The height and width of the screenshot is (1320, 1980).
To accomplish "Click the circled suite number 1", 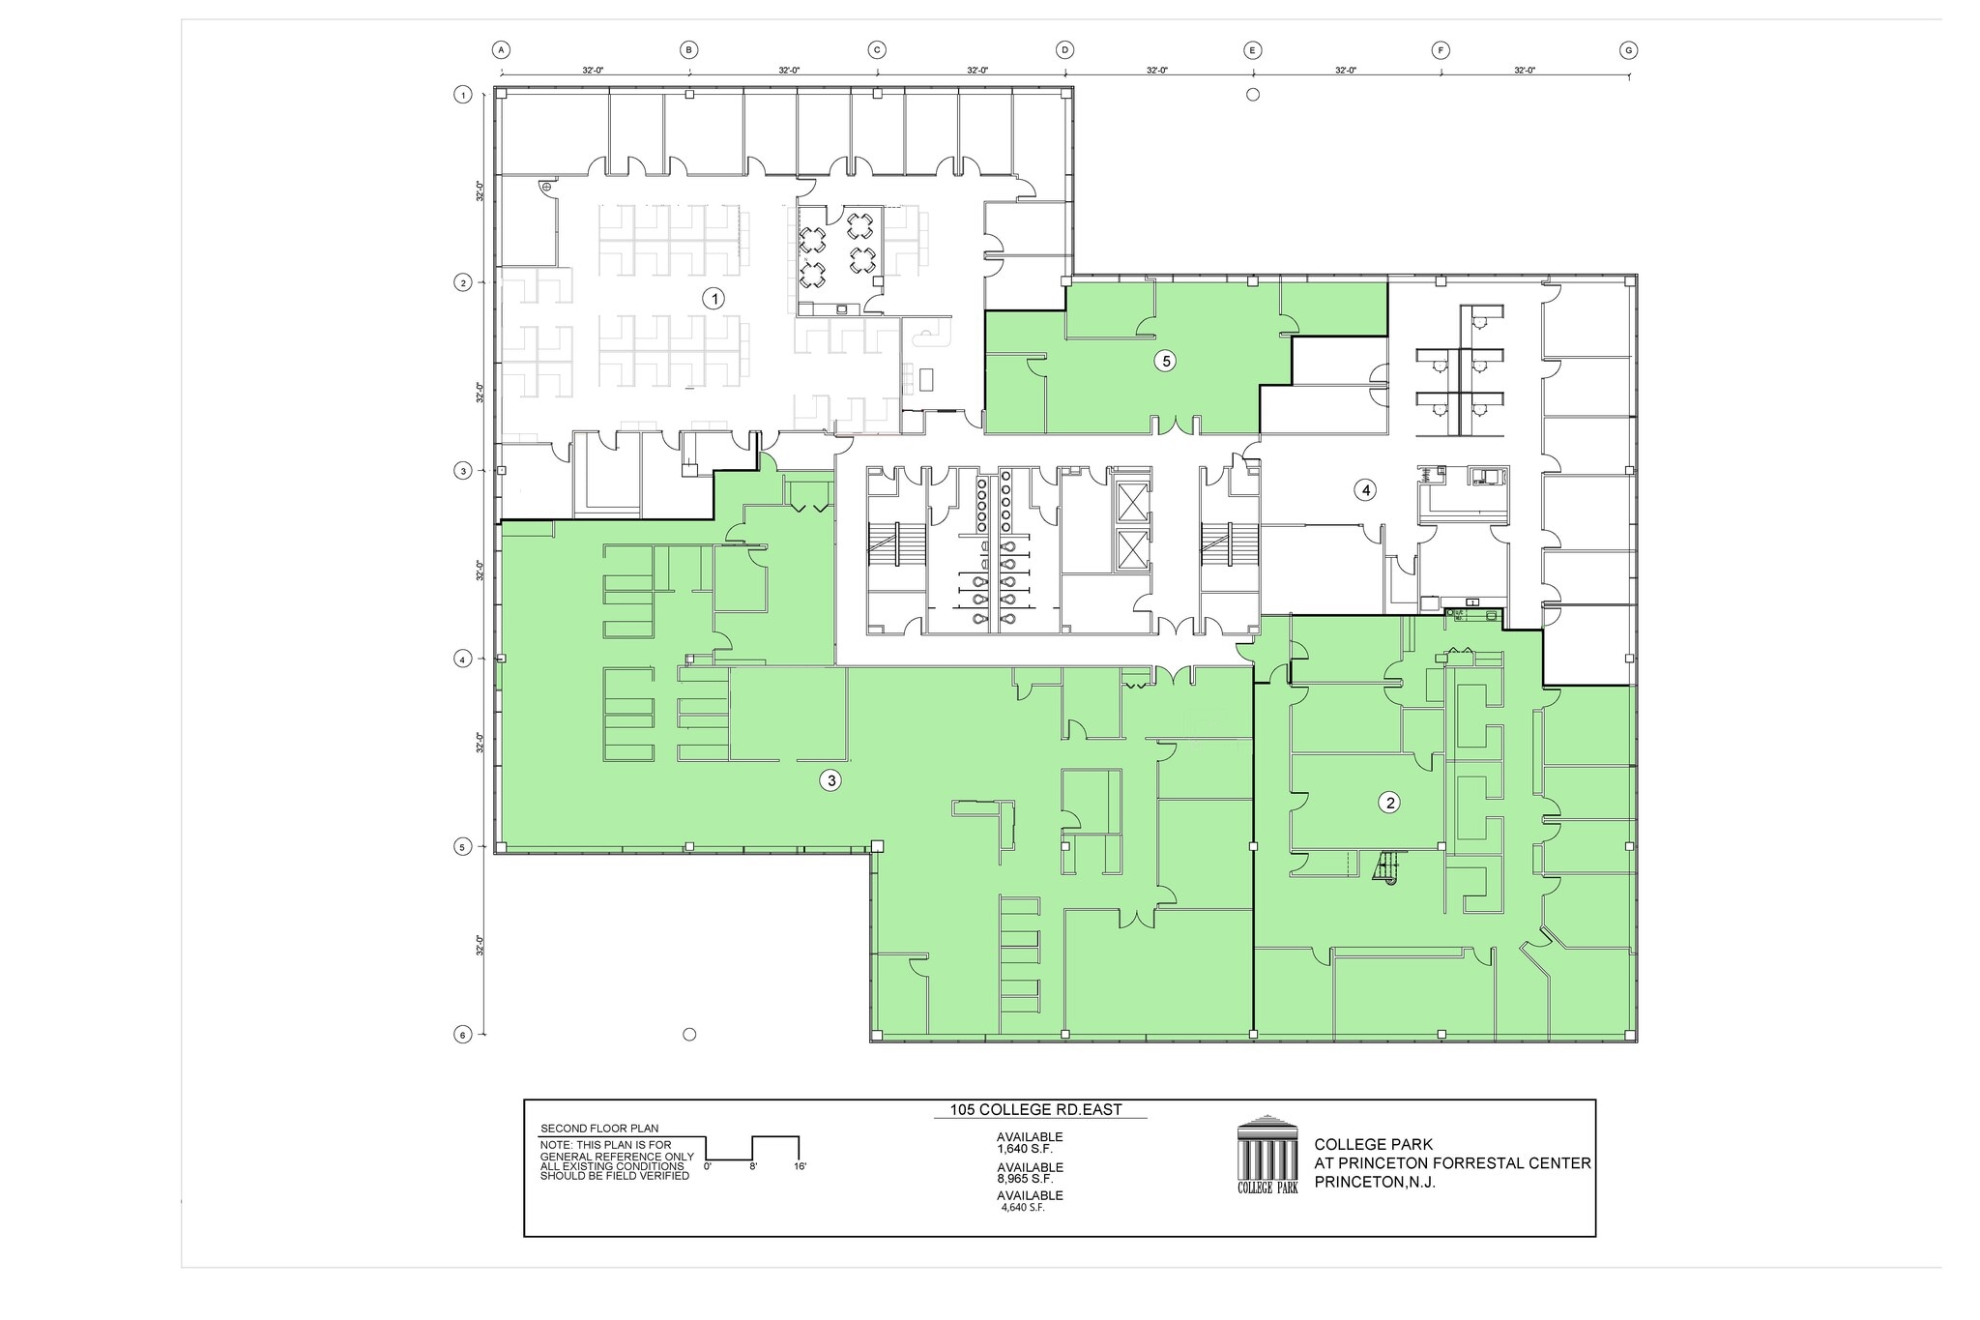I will coord(713,299).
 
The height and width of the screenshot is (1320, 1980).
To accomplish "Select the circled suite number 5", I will coord(1166,361).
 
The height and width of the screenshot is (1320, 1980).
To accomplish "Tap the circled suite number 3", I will coord(830,780).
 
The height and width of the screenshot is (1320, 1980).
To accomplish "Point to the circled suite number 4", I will coord(1365,490).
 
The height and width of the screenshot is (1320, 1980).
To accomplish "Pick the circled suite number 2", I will coord(1390,802).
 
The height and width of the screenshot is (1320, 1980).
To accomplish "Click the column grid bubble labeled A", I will coord(501,50).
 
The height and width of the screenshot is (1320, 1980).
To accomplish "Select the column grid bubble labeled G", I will coord(1628,50).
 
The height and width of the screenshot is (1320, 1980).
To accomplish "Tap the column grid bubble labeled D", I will coord(1064,50).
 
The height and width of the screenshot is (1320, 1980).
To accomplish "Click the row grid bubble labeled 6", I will coord(462,1035).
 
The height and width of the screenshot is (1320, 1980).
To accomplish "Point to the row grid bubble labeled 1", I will coord(462,95).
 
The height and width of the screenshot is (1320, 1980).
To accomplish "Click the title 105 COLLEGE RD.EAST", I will coord(1035,1110).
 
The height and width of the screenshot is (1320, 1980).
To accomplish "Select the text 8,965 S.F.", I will coord(1025,1179).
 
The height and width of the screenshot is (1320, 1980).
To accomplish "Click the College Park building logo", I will coord(1267,1156).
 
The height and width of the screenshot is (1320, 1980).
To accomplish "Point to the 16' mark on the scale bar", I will coord(799,1167).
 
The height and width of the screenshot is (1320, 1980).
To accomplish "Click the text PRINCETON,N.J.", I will coord(1375,1183).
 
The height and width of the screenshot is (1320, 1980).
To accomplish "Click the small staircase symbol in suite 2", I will coord(1386,867).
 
